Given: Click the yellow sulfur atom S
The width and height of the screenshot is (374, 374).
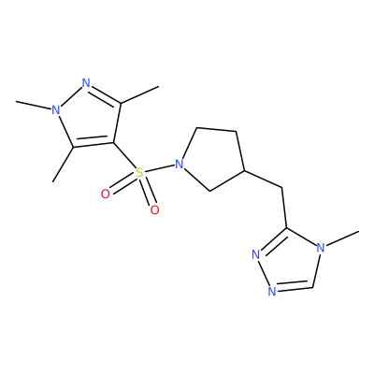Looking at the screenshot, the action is pyautogui.click(x=140, y=172).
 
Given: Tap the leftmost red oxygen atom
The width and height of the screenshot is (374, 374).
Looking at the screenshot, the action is pyautogui.click(x=106, y=194).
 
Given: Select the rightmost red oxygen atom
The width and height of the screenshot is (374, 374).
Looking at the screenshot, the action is pyautogui.click(x=154, y=210).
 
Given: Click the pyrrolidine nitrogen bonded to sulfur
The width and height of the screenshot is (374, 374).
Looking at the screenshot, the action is pyautogui.click(x=179, y=164).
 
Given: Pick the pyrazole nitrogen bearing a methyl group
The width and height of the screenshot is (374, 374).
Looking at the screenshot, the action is pyautogui.click(x=55, y=109).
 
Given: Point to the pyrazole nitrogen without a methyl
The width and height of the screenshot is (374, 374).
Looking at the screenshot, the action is pyautogui.click(x=86, y=83).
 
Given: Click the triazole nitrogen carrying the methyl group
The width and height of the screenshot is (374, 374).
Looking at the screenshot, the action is pyautogui.click(x=321, y=248).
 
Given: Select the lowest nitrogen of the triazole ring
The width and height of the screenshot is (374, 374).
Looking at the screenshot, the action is pyautogui.click(x=272, y=291).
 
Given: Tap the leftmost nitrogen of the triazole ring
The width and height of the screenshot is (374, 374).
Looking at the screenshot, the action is pyautogui.click(x=255, y=254).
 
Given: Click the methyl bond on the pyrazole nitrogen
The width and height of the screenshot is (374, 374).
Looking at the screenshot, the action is pyautogui.click(x=34, y=106).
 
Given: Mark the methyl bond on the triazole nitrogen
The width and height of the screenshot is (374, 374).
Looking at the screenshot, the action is pyautogui.click(x=342, y=238).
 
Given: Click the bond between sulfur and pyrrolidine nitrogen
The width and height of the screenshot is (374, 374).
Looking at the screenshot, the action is pyautogui.click(x=159, y=168).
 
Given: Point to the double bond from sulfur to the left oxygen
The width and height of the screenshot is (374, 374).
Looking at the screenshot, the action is pyautogui.click(x=123, y=183).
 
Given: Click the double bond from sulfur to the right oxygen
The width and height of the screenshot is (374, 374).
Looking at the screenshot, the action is pyautogui.click(x=147, y=192).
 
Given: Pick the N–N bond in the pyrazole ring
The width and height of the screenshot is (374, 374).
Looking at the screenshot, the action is pyautogui.click(x=71, y=96).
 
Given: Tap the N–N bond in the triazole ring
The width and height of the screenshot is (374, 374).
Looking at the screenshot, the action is pyautogui.click(x=264, y=273).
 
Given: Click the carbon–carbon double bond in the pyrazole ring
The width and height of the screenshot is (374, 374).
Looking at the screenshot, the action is pyautogui.click(x=93, y=143).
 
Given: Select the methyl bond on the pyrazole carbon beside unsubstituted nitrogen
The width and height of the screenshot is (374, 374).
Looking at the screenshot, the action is pyautogui.click(x=139, y=94).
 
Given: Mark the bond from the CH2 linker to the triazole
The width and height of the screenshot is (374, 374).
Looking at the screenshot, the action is pyautogui.click(x=284, y=208).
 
